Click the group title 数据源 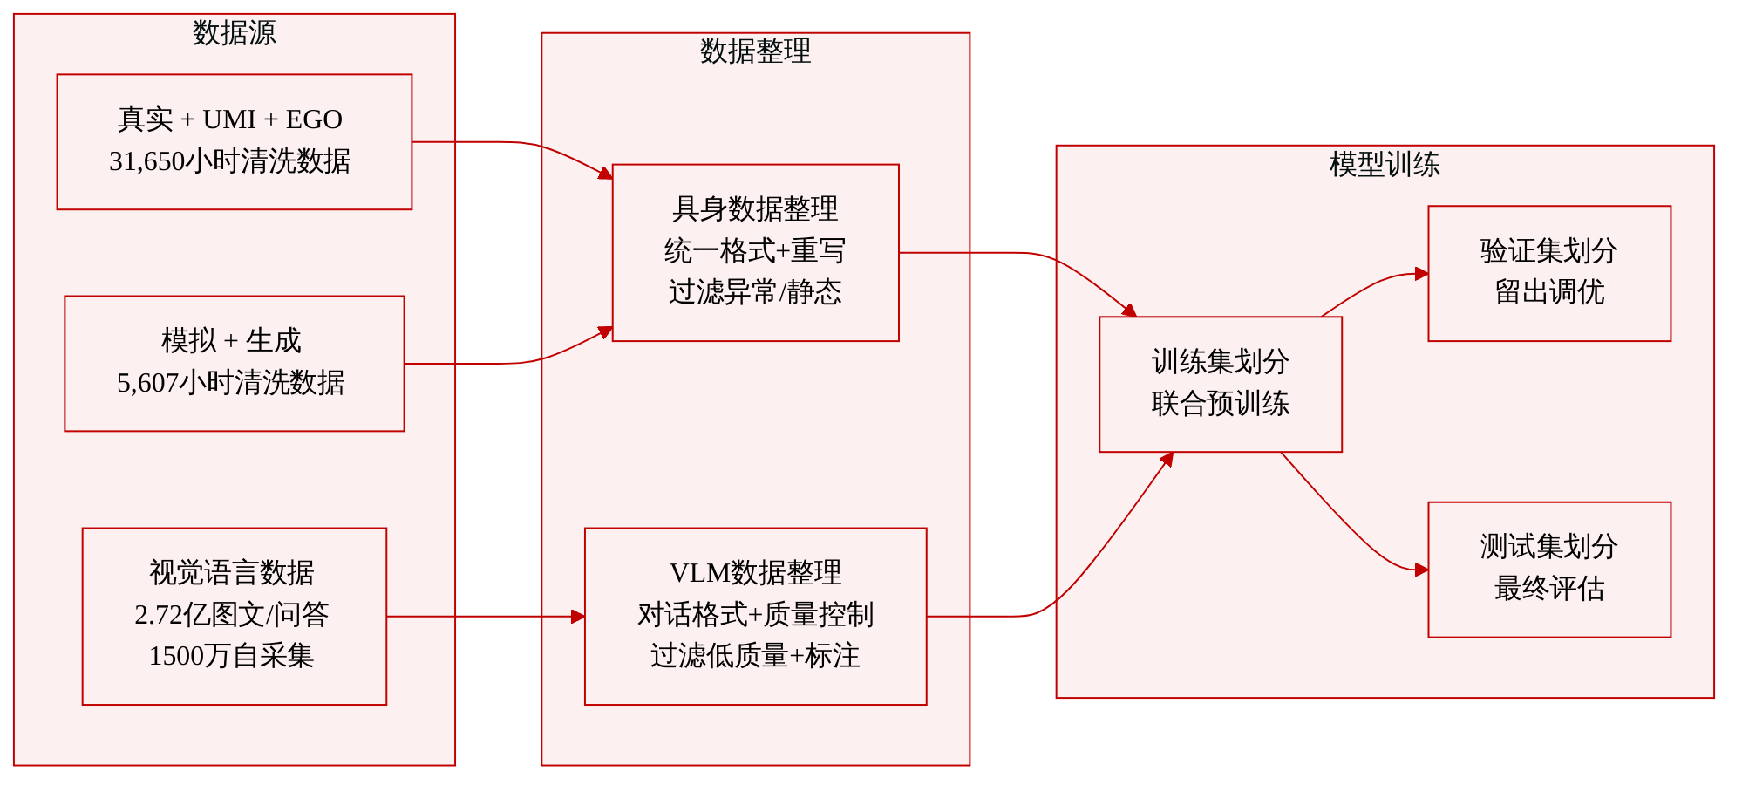point(234,33)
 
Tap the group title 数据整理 point(755,51)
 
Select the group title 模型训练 point(1385,164)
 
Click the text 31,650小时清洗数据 point(230,161)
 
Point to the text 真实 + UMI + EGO point(230,119)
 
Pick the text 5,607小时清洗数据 point(231,383)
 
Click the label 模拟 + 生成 point(231,341)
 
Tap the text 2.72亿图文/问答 point(232,615)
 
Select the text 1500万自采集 point(231,656)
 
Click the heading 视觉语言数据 point(232,573)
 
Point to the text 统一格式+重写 point(755,251)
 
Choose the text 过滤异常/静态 point(755,292)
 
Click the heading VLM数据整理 point(755,573)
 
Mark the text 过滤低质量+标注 point(755,656)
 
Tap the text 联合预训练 point(1220,404)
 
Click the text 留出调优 point(1549,292)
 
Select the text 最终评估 point(1549,589)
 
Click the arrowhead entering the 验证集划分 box point(1422,274)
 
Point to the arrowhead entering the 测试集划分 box point(1422,570)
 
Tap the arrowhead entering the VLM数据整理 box point(578,617)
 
